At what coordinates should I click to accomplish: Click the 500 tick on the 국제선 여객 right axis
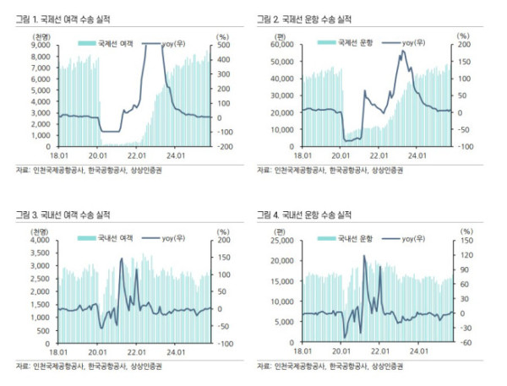[222, 46]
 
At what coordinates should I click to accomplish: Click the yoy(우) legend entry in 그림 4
[414, 238]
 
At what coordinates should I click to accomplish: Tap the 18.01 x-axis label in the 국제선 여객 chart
[59, 155]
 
